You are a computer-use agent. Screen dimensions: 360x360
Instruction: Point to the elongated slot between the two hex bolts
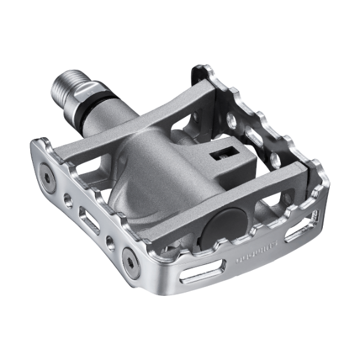click(89, 220)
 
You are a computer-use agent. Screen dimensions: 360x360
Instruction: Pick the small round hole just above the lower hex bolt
click(111, 242)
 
